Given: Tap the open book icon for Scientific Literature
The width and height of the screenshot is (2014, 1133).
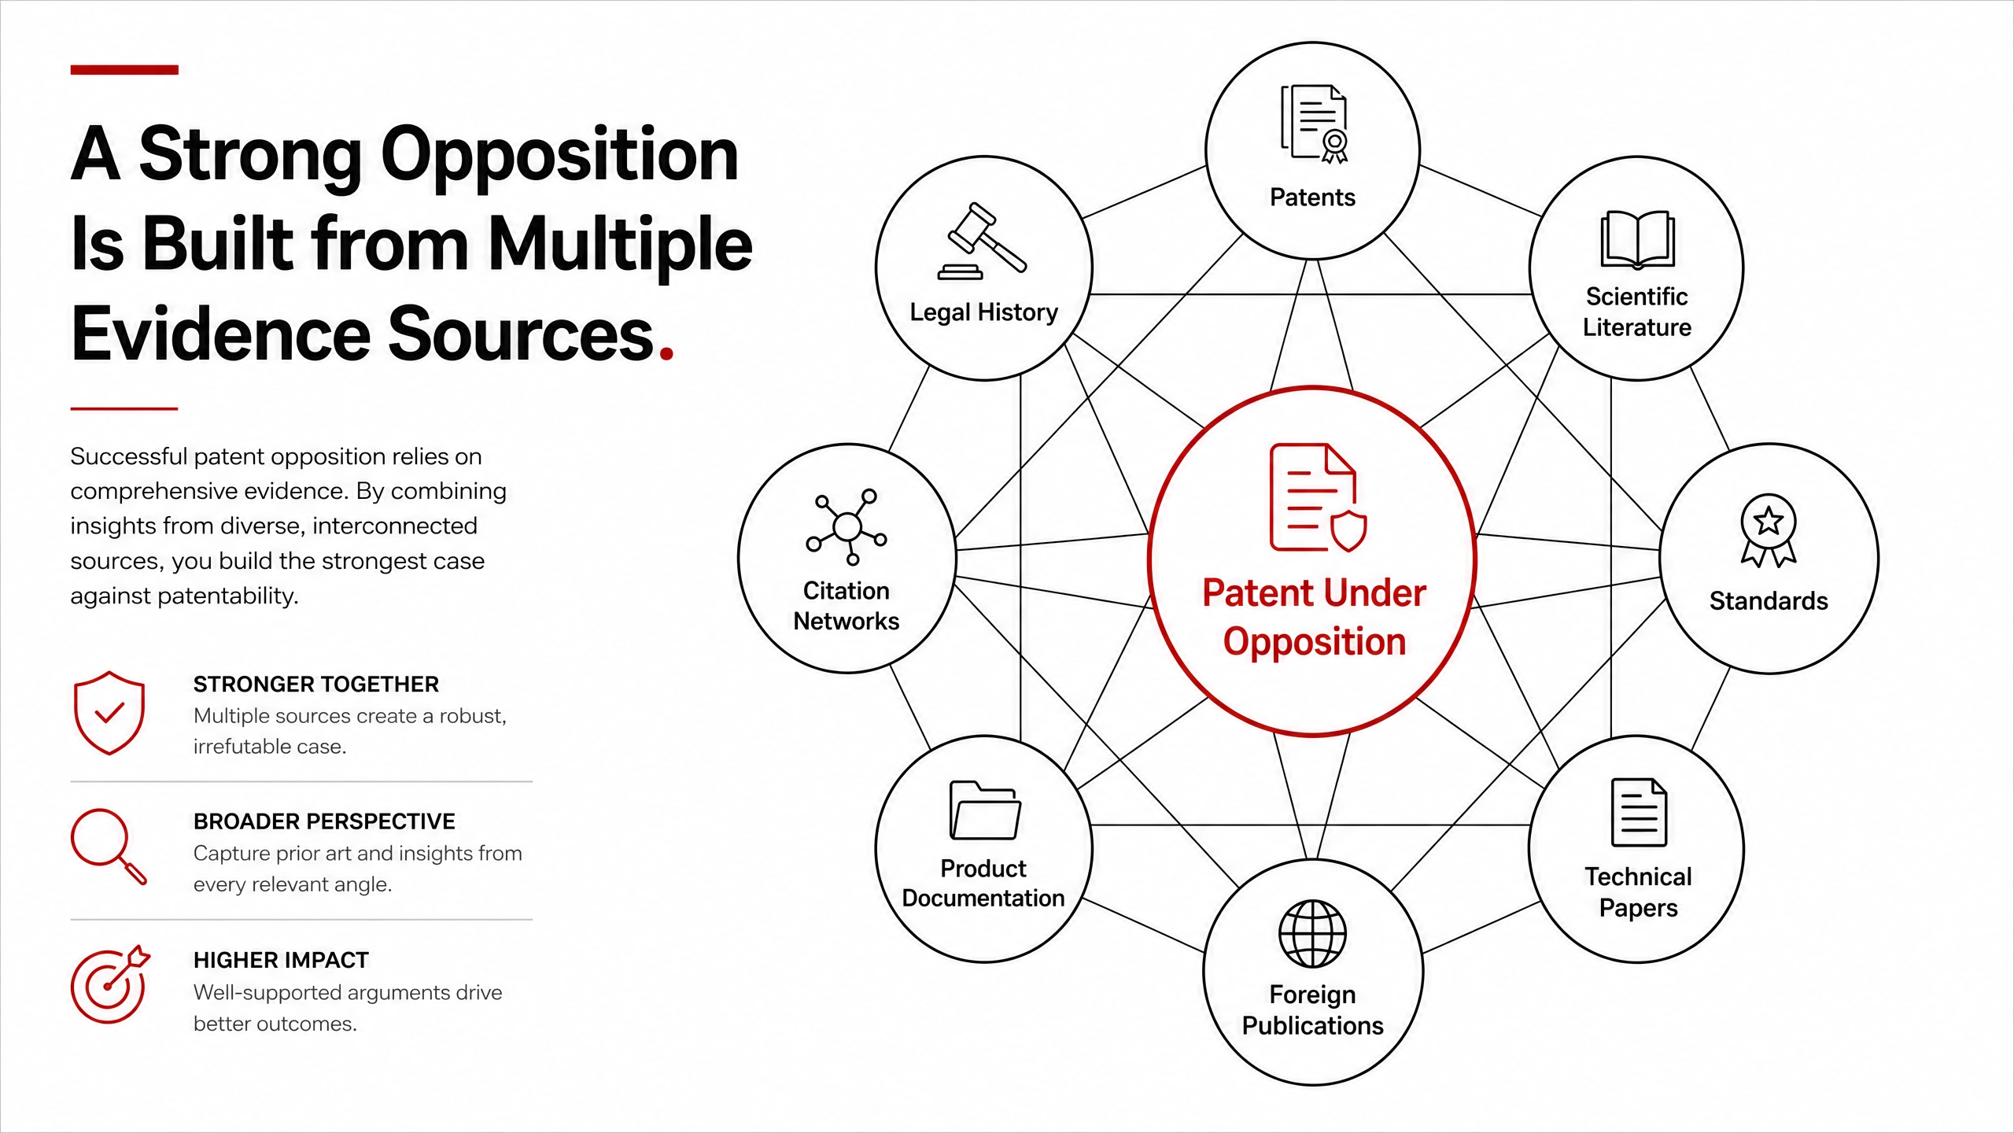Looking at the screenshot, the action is (x=1637, y=239).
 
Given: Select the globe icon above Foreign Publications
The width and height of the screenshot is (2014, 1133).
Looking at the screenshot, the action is (x=1312, y=934).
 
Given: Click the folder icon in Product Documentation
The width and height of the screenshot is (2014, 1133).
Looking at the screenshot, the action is (x=985, y=810).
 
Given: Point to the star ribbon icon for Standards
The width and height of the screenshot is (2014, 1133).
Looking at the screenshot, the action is (x=1769, y=530).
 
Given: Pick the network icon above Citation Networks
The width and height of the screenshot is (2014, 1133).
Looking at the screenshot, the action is (x=847, y=526).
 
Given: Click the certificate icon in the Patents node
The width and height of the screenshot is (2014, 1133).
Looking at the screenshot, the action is (x=1314, y=124).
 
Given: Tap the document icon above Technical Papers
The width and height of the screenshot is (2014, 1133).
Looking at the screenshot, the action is (x=1639, y=812).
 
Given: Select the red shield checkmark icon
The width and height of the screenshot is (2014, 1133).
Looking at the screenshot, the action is (x=109, y=713).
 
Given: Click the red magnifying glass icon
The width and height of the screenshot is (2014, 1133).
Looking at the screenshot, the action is (x=109, y=847).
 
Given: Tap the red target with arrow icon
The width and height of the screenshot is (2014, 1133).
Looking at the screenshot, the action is (x=110, y=984).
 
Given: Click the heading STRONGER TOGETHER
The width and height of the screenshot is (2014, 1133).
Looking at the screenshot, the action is (x=316, y=685).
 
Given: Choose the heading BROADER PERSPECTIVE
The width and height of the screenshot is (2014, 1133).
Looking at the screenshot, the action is (x=324, y=821).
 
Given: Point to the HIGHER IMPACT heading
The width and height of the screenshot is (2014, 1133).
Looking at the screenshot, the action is (x=281, y=960).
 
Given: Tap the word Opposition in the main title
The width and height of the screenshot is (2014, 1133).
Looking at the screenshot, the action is (x=559, y=156).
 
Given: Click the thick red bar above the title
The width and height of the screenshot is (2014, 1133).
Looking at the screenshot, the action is (x=124, y=70).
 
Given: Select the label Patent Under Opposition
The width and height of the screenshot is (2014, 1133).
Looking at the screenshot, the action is (x=1314, y=617).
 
